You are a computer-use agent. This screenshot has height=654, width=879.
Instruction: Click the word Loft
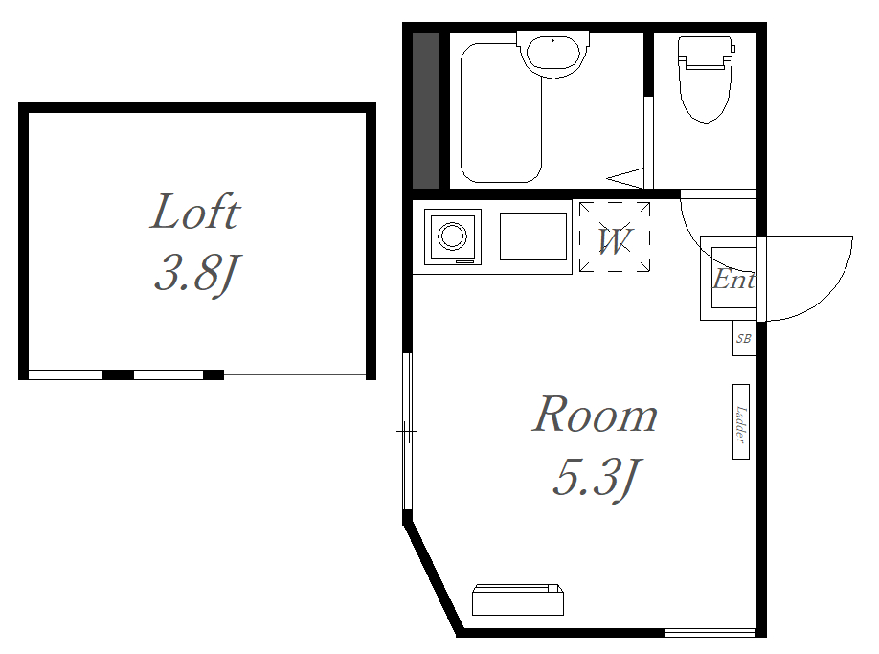195,212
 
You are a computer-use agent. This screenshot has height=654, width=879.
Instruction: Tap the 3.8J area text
196,273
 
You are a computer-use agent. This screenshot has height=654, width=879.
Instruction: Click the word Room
595,415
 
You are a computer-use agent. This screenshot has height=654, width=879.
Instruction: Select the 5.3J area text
596,478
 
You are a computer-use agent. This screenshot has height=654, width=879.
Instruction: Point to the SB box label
744,338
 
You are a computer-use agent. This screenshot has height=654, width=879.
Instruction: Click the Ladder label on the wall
741,422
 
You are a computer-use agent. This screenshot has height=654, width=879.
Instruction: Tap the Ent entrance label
733,279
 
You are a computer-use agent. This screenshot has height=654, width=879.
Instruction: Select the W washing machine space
615,237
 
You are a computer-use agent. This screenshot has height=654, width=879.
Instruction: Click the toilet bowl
706,93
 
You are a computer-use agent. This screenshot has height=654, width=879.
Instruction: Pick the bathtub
501,113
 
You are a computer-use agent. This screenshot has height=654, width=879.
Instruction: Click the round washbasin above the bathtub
553,54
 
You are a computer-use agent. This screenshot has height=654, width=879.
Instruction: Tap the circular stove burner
452,236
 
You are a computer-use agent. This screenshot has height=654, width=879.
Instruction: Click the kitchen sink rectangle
533,236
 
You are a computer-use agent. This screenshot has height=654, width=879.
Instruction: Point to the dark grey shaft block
426,110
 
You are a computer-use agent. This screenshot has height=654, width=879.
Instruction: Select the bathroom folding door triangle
625,178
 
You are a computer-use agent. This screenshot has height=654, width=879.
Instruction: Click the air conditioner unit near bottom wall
518,599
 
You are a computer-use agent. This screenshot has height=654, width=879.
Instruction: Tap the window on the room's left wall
408,432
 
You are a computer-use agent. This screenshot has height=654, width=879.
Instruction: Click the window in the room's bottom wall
710,633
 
